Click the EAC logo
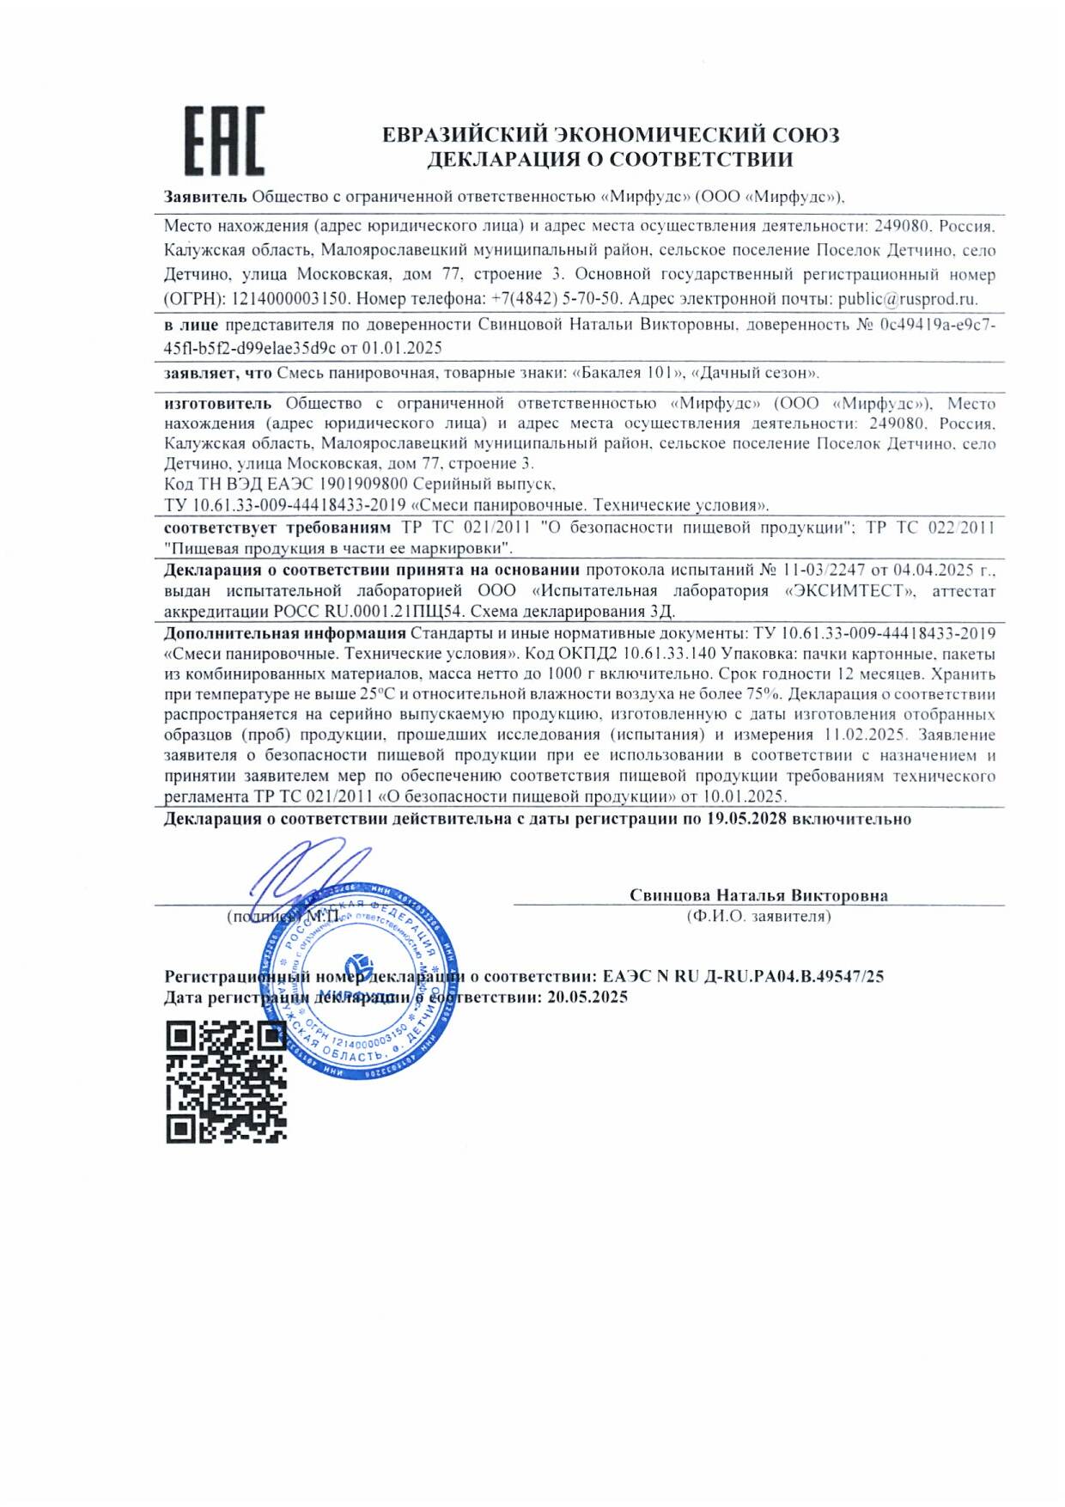point(223,141)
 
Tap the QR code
point(226,1081)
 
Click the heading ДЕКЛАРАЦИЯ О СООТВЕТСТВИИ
point(610,159)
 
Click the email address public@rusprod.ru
point(907,299)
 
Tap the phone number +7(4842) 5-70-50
point(555,299)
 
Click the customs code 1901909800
point(360,484)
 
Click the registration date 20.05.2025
point(587,997)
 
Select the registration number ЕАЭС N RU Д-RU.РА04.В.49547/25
point(743,976)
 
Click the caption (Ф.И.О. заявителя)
point(758,916)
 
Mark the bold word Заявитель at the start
point(205,197)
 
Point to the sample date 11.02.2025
point(864,735)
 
